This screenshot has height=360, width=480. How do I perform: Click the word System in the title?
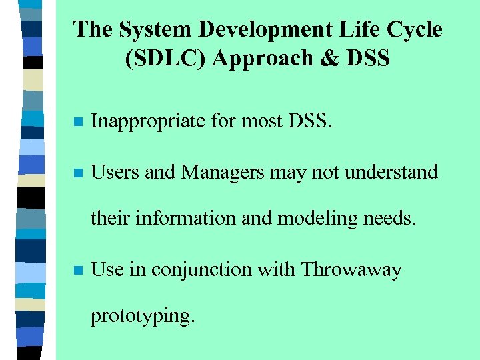(147, 29)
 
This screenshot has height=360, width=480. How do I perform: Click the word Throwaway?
(351, 270)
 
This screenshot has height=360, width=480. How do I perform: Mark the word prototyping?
(143, 315)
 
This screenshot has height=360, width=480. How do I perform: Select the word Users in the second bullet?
(115, 172)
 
